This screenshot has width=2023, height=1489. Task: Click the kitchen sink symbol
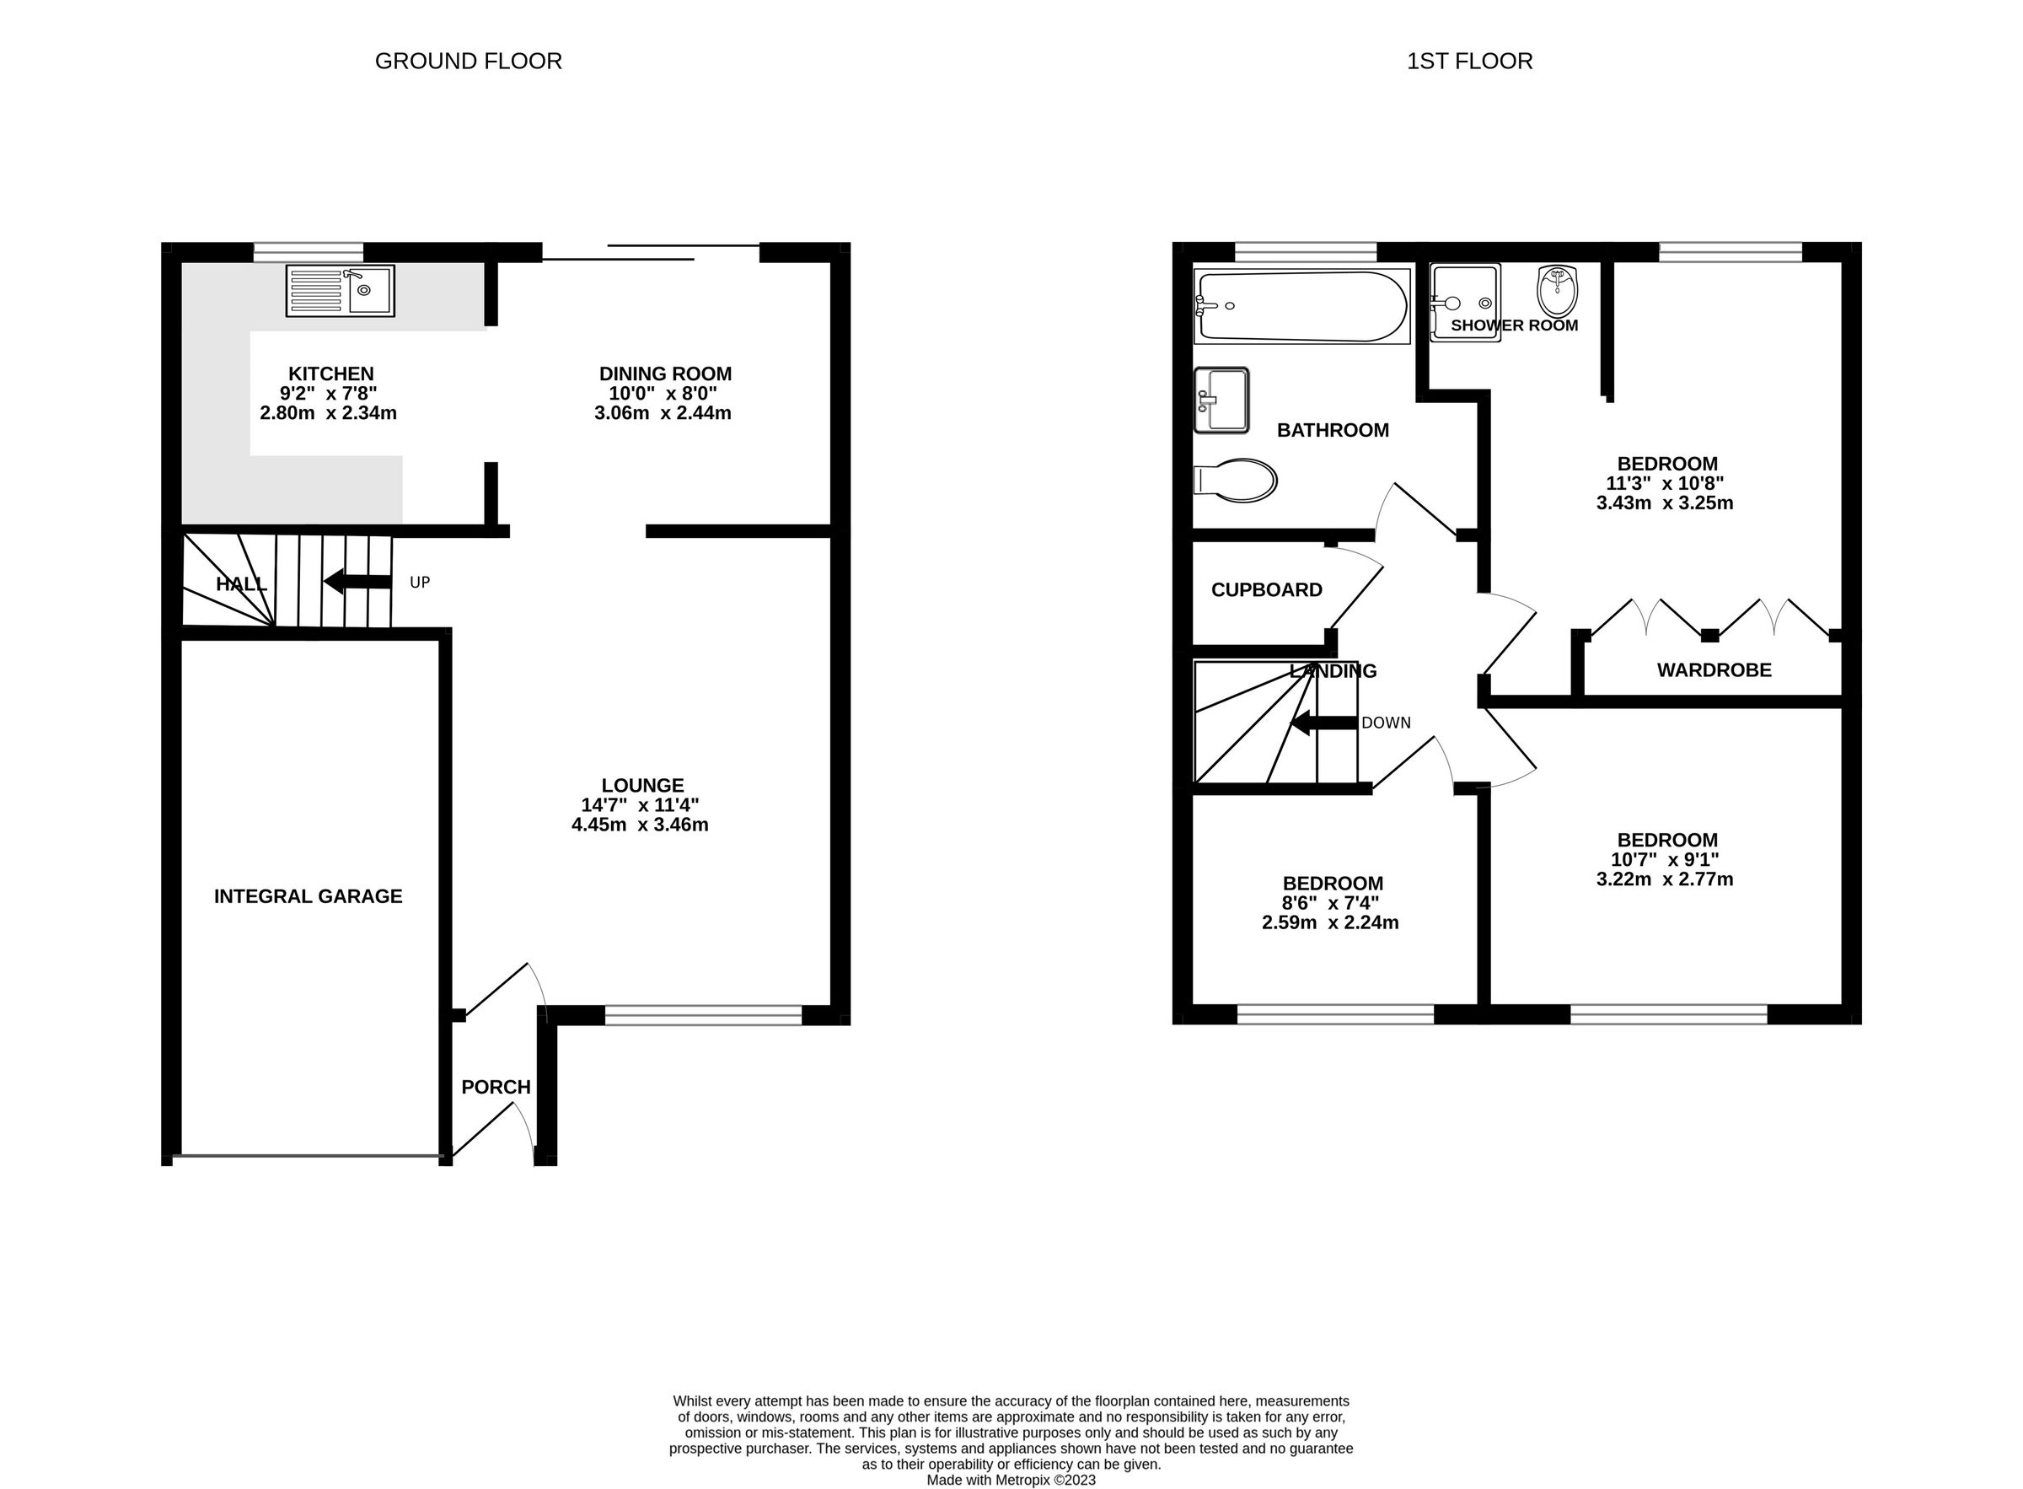(340, 289)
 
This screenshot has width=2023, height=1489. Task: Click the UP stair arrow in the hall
(357, 582)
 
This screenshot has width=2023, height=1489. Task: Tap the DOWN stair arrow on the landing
(1323, 722)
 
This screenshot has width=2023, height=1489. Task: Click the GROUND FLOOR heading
(468, 62)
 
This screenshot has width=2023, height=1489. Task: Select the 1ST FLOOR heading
(1469, 62)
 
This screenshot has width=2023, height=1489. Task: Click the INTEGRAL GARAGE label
(308, 896)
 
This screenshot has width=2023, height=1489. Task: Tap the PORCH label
(496, 1087)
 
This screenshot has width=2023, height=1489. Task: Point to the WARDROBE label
(1713, 669)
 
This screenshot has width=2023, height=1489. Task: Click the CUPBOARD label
(1266, 589)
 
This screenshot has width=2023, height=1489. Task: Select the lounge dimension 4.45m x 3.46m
(640, 824)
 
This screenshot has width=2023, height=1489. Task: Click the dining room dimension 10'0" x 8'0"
(663, 393)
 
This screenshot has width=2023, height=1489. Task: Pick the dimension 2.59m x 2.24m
(1330, 922)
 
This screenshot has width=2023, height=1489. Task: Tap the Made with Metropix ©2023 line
(1011, 1480)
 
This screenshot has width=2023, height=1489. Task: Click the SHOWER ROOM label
(1514, 325)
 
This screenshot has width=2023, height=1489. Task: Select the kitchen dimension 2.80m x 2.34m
(328, 413)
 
